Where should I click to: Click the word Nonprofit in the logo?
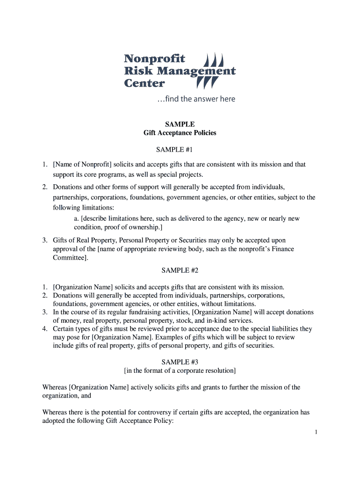coord(154,58)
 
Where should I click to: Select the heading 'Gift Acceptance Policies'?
coord(180,133)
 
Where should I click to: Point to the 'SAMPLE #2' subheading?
coord(180,270)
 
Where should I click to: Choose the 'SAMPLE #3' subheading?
coord(180,362)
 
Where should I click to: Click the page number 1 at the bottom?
coord(316,432)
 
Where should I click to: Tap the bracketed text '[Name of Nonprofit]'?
coord(82,164)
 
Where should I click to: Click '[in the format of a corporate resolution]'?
coord(180,370)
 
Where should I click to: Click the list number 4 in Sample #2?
coord(45,329)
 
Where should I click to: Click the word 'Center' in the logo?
coord(144,84)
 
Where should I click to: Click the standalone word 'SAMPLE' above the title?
coord(180,124)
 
